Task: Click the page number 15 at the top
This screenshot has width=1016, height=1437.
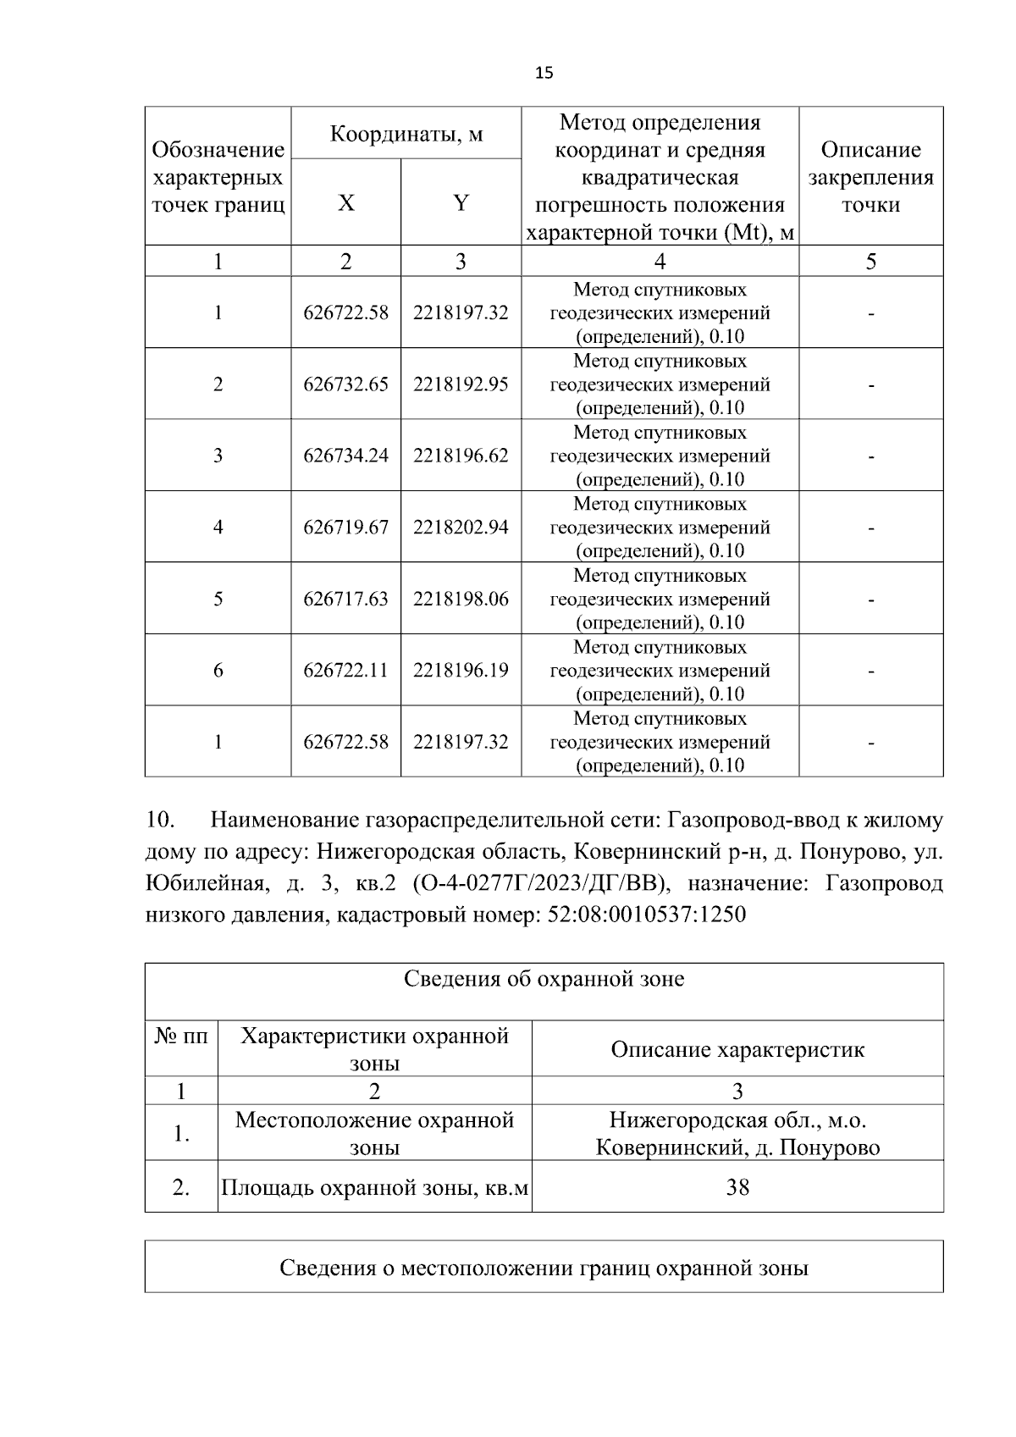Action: [544, 73]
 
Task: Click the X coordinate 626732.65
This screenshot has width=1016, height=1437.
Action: [345, 384]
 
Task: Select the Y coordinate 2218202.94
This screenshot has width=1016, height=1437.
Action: [461, 528]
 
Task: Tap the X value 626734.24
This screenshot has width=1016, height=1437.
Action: [345, 456]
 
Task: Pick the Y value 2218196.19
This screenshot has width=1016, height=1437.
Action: [461, 671]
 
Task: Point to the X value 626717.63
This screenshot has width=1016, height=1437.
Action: [345, 600]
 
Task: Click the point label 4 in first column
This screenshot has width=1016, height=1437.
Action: [218, 528]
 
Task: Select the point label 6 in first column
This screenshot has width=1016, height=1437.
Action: [218, 671]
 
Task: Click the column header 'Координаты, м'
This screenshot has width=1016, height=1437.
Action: [406, 134]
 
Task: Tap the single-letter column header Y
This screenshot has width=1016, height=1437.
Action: [461, 203]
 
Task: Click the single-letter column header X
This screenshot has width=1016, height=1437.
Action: [345, 203]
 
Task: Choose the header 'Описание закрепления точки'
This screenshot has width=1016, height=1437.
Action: [870, 177]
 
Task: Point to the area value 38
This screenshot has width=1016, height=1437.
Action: [737, 1187]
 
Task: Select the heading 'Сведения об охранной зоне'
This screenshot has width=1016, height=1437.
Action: [544, 980]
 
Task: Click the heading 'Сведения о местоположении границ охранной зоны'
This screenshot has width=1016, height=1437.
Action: [544, 1268]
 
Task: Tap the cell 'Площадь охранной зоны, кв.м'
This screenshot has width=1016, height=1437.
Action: [374, 1187]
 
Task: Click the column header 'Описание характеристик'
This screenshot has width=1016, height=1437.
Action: [737, 1050]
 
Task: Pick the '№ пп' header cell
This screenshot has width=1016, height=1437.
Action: [181, 1036]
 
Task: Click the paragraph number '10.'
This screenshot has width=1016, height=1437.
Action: [161, 821]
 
